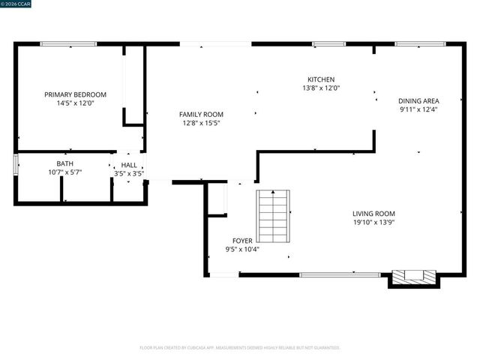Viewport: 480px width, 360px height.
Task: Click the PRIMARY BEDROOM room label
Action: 75,94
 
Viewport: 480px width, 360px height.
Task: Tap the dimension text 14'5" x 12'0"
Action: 75,103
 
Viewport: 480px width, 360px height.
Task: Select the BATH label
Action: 65,163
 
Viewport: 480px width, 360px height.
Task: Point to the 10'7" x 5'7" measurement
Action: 65,172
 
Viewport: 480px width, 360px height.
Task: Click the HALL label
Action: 129,165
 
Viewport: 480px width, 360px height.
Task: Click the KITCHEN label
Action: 321,79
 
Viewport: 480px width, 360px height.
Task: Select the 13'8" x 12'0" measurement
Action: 321,88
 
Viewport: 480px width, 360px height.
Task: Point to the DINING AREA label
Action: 418,100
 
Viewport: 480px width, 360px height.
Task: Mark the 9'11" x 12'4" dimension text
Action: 418,109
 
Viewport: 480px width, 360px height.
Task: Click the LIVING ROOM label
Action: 374,213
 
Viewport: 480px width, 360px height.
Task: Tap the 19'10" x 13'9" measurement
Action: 374,222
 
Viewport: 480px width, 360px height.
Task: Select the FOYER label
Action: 241,241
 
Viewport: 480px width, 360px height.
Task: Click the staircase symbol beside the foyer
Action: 273,216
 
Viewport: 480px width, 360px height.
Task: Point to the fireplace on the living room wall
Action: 414,277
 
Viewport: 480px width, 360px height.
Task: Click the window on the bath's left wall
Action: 15,164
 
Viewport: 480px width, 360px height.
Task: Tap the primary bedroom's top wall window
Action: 63,44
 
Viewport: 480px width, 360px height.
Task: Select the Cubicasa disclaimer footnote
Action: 240,347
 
